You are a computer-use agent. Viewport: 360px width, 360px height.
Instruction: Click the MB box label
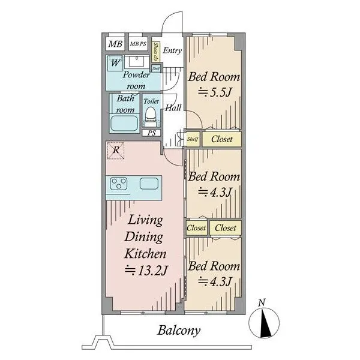[115, 44]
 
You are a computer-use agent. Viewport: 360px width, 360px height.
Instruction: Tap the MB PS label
[138, 44]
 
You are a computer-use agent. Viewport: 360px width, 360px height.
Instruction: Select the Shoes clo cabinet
[155, 52]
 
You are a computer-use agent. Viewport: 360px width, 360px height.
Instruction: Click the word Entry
[172, 50]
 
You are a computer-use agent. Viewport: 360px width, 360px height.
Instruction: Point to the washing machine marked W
[115, 62]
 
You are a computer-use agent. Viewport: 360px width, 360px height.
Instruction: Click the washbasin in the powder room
[136, 61]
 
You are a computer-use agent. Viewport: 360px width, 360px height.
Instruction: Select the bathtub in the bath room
[125, 123]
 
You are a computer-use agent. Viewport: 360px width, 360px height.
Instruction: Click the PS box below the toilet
[151, 133]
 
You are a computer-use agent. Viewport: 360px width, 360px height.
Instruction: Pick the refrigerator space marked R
[116, 151]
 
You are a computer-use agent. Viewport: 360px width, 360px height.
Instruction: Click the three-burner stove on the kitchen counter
[119, 183]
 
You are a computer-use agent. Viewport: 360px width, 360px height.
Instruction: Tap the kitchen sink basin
[149, 183]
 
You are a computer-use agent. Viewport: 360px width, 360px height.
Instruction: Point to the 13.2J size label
[146, 271]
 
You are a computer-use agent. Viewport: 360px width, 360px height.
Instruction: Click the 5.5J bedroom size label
[214, 92]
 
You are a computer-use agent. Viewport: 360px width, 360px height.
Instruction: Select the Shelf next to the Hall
[193, 139]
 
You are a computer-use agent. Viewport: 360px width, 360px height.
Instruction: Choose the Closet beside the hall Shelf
[222, 139]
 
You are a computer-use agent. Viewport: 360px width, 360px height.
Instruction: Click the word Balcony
[179, 331]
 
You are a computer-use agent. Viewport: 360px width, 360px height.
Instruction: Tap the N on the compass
[262, 302]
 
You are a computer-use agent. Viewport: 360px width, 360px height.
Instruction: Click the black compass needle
[265, 323]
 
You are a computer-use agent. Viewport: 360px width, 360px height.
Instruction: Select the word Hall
[173, 107]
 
